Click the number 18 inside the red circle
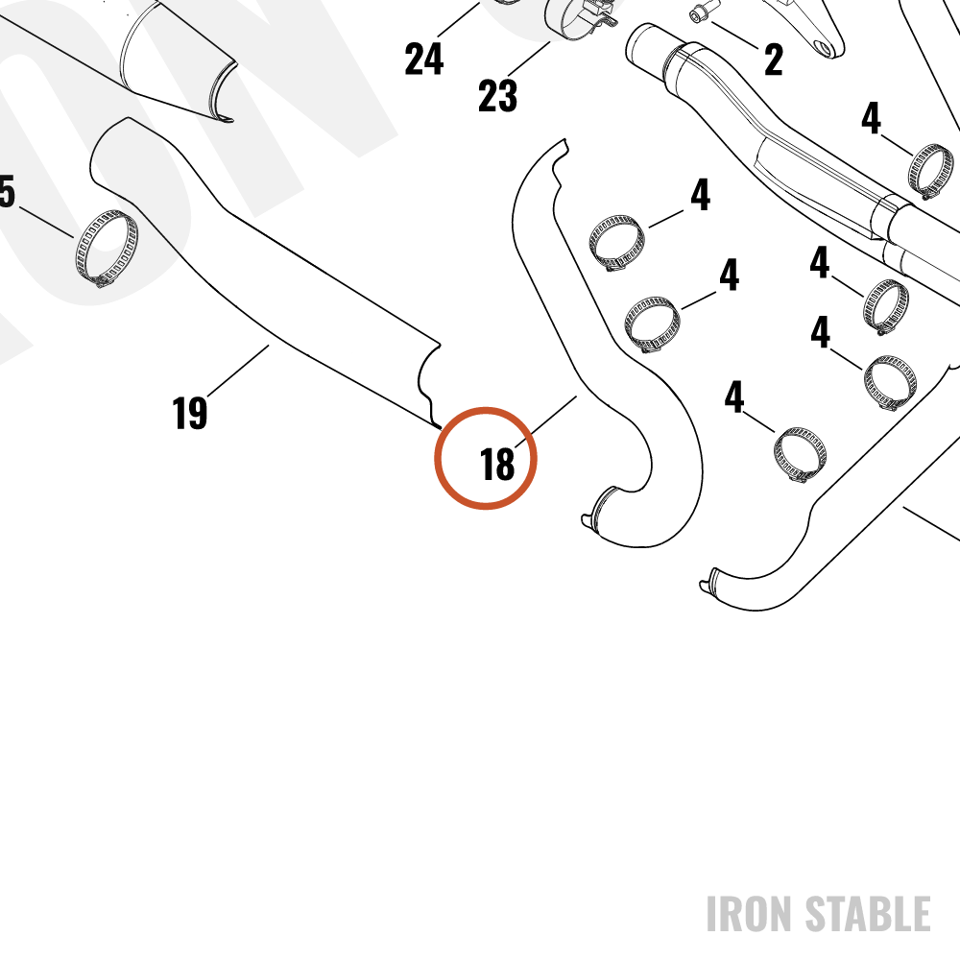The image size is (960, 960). (x=497, y=464)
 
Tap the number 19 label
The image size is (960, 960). (x=190, y=413)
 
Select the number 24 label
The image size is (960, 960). (x=423, y=59)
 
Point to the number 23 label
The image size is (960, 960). (x=497, y=95)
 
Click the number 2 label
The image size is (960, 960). (x=773, y=59)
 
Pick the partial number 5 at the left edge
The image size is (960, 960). (x=6, y=191)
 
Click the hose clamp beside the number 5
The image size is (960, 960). (x=106, y=248)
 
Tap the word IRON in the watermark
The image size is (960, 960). (x=750, y=914)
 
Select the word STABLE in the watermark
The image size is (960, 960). (x=867, y=914)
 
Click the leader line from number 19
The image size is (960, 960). (x=239, y=371)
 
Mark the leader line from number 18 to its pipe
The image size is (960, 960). (x=546, y=421)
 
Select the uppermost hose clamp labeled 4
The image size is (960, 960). (x=930, y=172)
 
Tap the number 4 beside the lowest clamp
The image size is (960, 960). (x=734, y=396)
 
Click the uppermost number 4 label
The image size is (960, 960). (x=871, y=117)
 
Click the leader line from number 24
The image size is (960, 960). (x=459, y=19)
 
